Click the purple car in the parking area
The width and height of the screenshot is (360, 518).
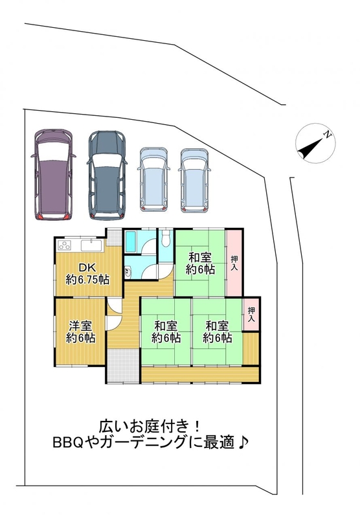pyautogui.click(x=53, y=174)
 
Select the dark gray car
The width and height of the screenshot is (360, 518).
pyautogui.click(x=107, y=175)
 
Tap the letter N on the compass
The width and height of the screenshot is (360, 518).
pyautogui.click(x=328, y=135)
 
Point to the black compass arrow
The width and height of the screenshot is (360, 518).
pyautogui.click(x=310, y=148)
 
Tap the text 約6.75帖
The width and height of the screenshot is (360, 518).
pyautogui.click(x=87, y=280)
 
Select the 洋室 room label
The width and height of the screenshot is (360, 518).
pyautogui.click(x=80, y=326)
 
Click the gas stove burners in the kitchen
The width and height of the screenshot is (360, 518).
pyautogui.click(x=65, y=245)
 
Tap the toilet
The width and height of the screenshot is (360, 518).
pyautogui.click(x=166, y=238)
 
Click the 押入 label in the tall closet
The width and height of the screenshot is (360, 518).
pyautogui.click(x=234, y=263)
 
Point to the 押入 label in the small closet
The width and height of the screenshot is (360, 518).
pyautogui.click(x=251, y=314)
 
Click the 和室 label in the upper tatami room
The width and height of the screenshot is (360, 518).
pyautogui.click(x=200, y=257)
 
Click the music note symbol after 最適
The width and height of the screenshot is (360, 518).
pyautogui.click(x=243, y=442)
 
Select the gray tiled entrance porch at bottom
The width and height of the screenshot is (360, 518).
pyautogui.click(x=122, y=365)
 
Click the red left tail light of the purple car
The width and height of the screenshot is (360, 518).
pyautogui.click(x=39, y=216)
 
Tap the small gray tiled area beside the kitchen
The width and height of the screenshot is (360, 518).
pyautogui.click(x=114, y=237)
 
